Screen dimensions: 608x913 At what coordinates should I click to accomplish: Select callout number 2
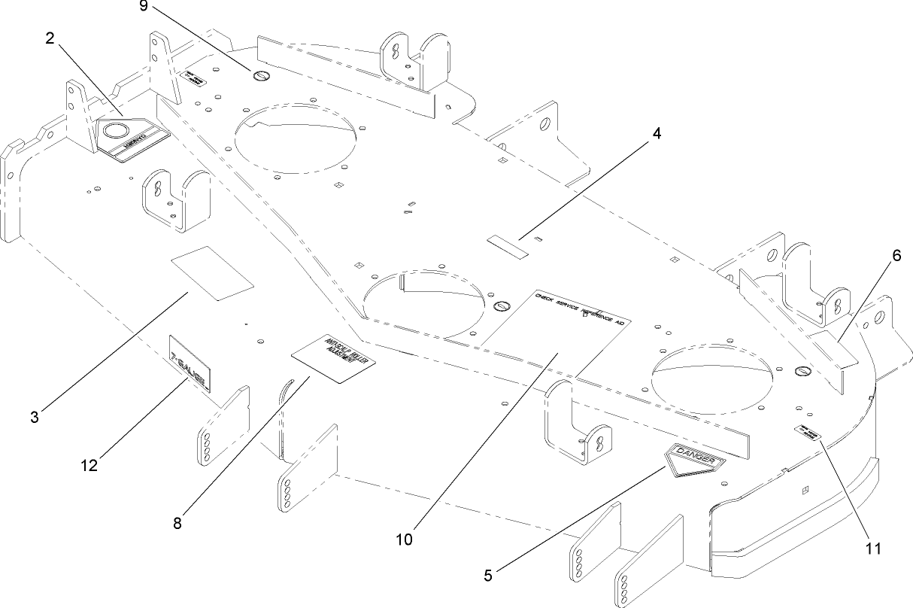[50, 39]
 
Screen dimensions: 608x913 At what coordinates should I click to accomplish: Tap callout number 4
[657, 134]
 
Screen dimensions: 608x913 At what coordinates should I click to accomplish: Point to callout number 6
[896, 256]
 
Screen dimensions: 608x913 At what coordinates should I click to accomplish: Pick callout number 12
[89, 466]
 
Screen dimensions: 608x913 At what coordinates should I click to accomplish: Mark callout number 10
[405, 539]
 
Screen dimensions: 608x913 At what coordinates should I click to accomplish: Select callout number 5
[488, 576]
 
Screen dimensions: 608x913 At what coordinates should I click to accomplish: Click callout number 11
[872, 548]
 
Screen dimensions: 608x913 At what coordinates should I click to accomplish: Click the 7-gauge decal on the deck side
[190, 363]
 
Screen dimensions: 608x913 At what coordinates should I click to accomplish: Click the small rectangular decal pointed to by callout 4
[508, 246]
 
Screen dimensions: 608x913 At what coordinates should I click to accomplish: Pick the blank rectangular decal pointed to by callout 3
[213, 272]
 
